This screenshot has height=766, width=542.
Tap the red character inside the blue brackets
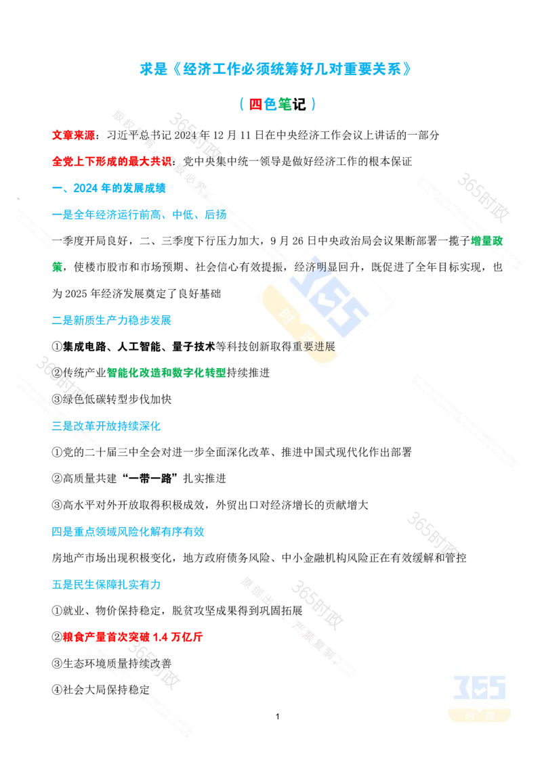point(256,104)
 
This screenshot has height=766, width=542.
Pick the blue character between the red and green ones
point(270,104)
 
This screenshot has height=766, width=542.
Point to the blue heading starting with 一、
point(108,187)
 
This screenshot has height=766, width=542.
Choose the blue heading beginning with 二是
point(111,320)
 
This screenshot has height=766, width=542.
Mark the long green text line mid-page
point(167,371)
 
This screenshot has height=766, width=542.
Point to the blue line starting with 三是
point(106,426)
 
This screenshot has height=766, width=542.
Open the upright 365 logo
point(480,690)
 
